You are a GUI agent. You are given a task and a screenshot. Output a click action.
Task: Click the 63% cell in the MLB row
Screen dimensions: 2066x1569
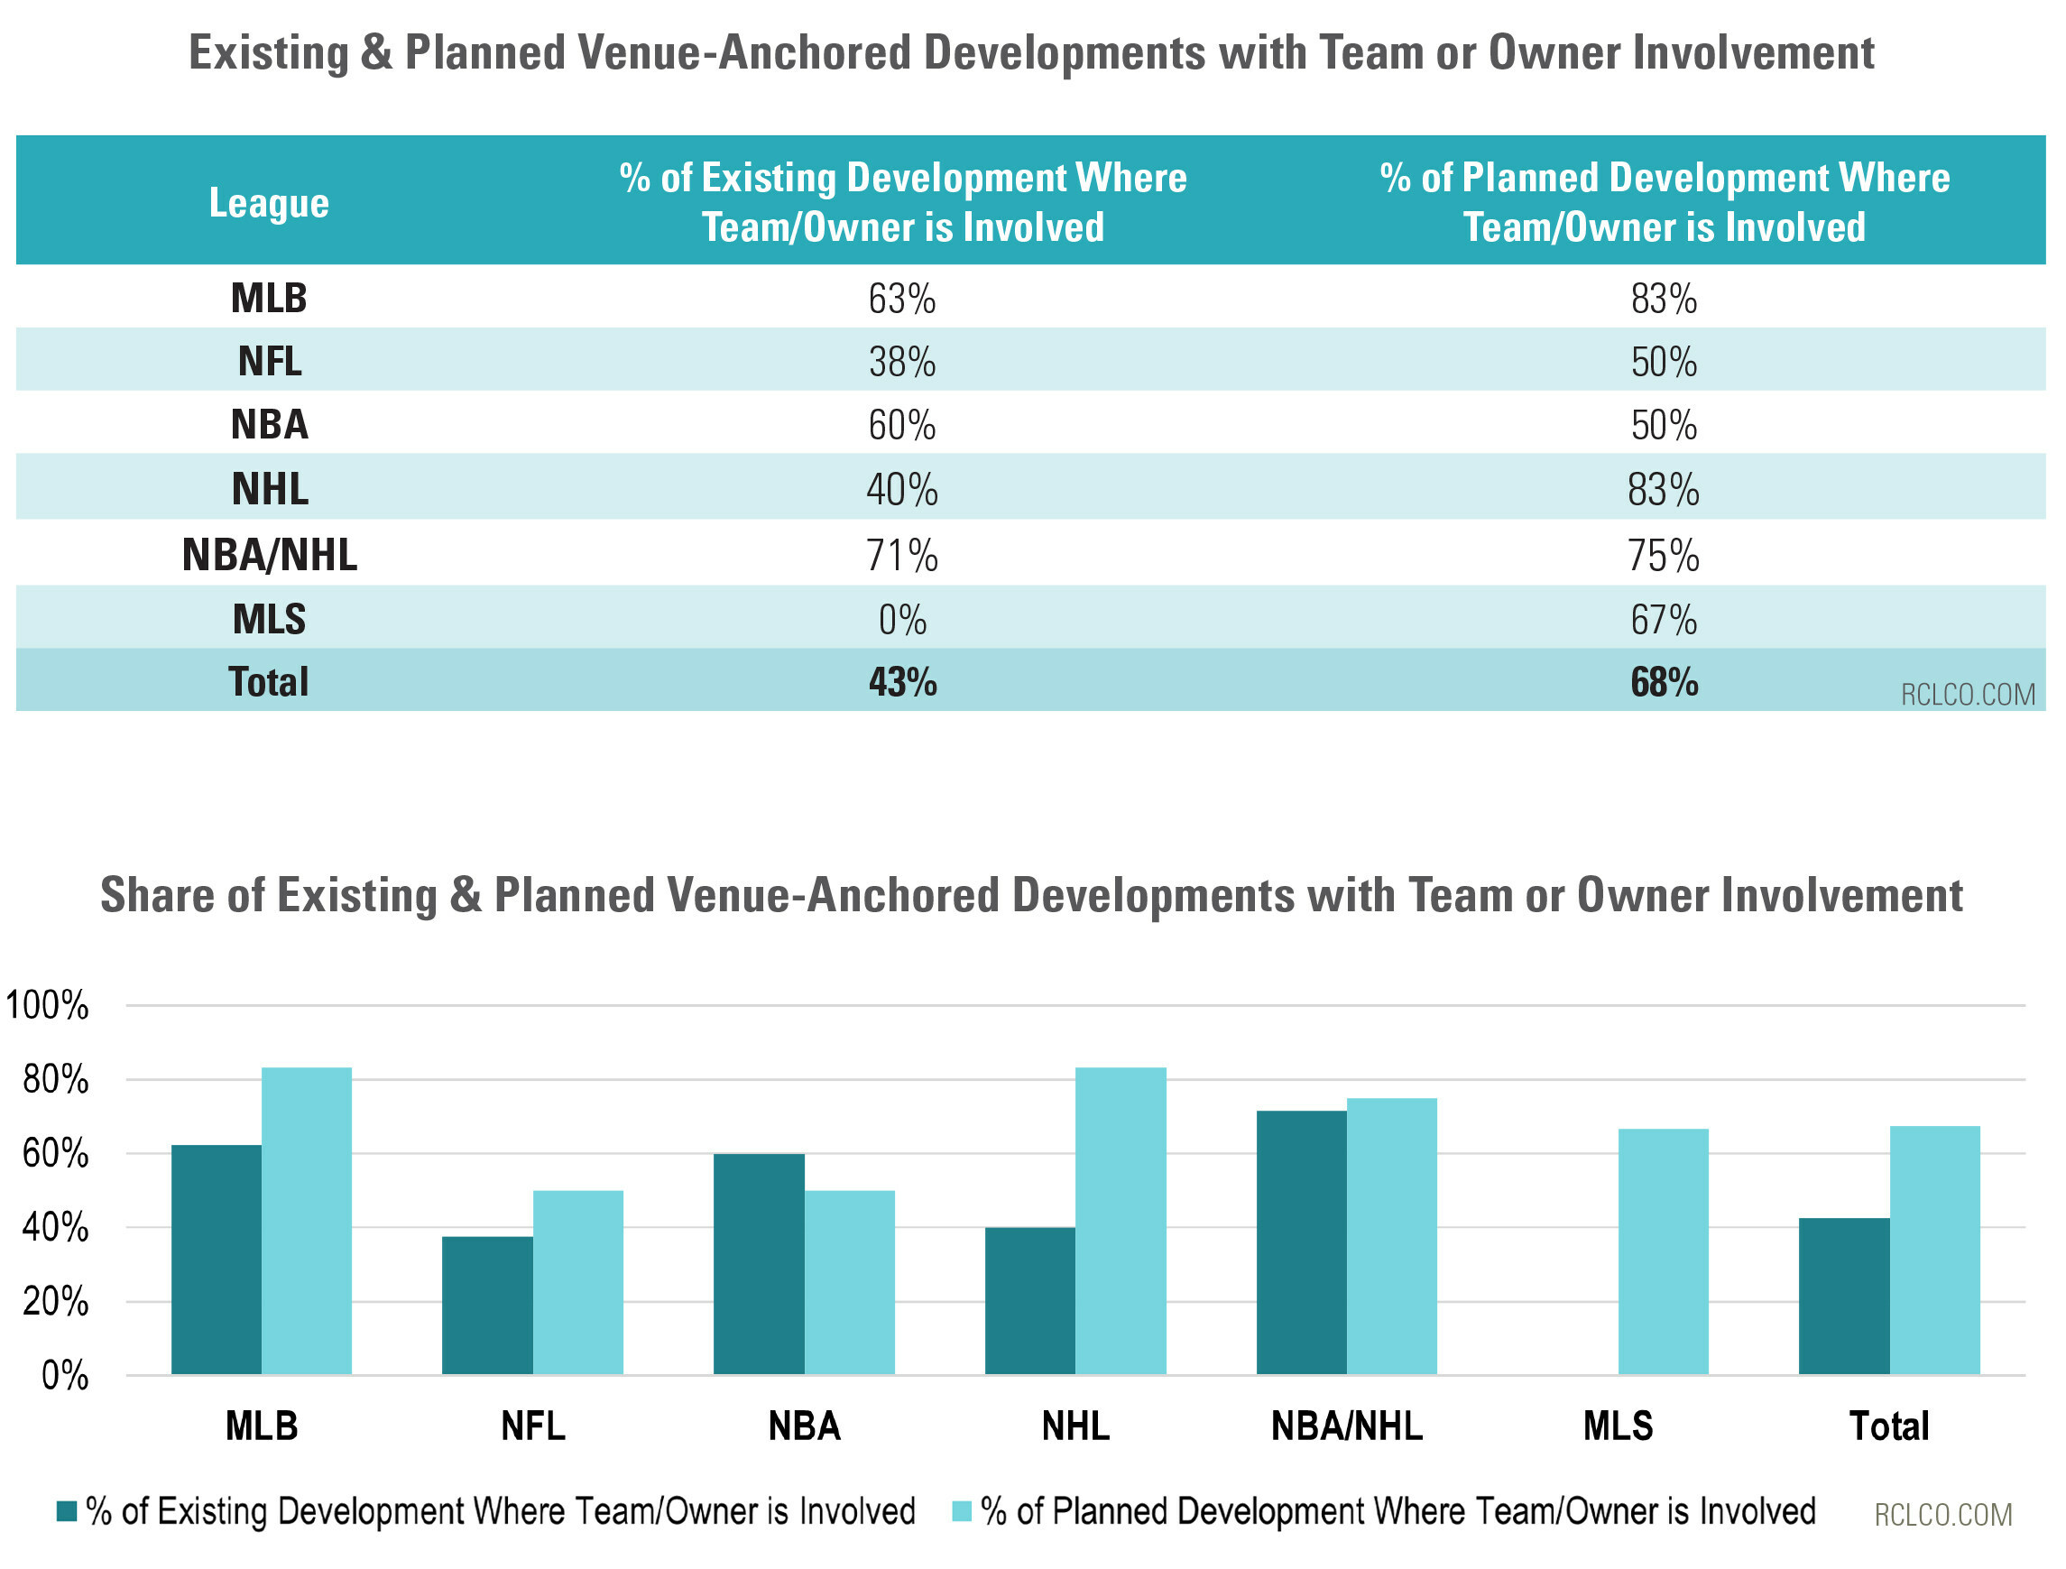901,299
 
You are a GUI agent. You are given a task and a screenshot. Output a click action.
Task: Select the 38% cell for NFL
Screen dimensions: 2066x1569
901,363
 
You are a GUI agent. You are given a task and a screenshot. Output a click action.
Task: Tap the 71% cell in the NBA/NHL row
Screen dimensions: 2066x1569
901,556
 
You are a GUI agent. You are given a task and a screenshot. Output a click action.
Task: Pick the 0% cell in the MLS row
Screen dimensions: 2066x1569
901,620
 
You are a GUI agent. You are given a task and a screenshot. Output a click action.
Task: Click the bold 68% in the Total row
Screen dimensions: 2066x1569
1664,683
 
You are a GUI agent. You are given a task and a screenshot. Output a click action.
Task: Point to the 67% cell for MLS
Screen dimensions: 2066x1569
1664,620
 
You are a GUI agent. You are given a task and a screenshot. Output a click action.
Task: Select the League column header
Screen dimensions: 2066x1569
269,203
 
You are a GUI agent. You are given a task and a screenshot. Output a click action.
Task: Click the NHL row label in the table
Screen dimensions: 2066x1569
270,489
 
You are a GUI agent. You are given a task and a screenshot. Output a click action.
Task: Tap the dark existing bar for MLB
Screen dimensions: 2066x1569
217,1259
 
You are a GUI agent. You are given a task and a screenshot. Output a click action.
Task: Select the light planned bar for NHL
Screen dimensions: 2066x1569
1121,1221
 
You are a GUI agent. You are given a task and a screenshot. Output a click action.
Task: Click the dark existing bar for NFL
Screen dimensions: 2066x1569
487,1305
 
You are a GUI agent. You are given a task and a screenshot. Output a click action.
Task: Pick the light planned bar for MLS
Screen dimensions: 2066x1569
1664,1251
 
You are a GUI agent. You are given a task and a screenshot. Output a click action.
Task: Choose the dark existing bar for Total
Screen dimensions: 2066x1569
1845,1297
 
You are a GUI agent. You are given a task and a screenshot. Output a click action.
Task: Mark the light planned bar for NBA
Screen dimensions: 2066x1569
850,1282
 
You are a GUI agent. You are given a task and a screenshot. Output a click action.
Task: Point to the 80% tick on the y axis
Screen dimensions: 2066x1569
55,1080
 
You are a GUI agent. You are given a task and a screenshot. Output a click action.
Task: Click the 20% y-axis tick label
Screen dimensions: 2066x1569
55,1301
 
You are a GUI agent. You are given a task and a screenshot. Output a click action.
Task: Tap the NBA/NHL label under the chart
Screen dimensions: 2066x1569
1347,1426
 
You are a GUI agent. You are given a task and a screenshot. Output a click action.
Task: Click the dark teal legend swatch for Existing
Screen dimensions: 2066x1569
67,1511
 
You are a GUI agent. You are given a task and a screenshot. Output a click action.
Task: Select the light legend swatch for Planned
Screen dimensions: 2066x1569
962,1511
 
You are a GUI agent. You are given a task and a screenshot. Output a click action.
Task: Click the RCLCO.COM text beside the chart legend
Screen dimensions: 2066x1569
1943,1514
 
